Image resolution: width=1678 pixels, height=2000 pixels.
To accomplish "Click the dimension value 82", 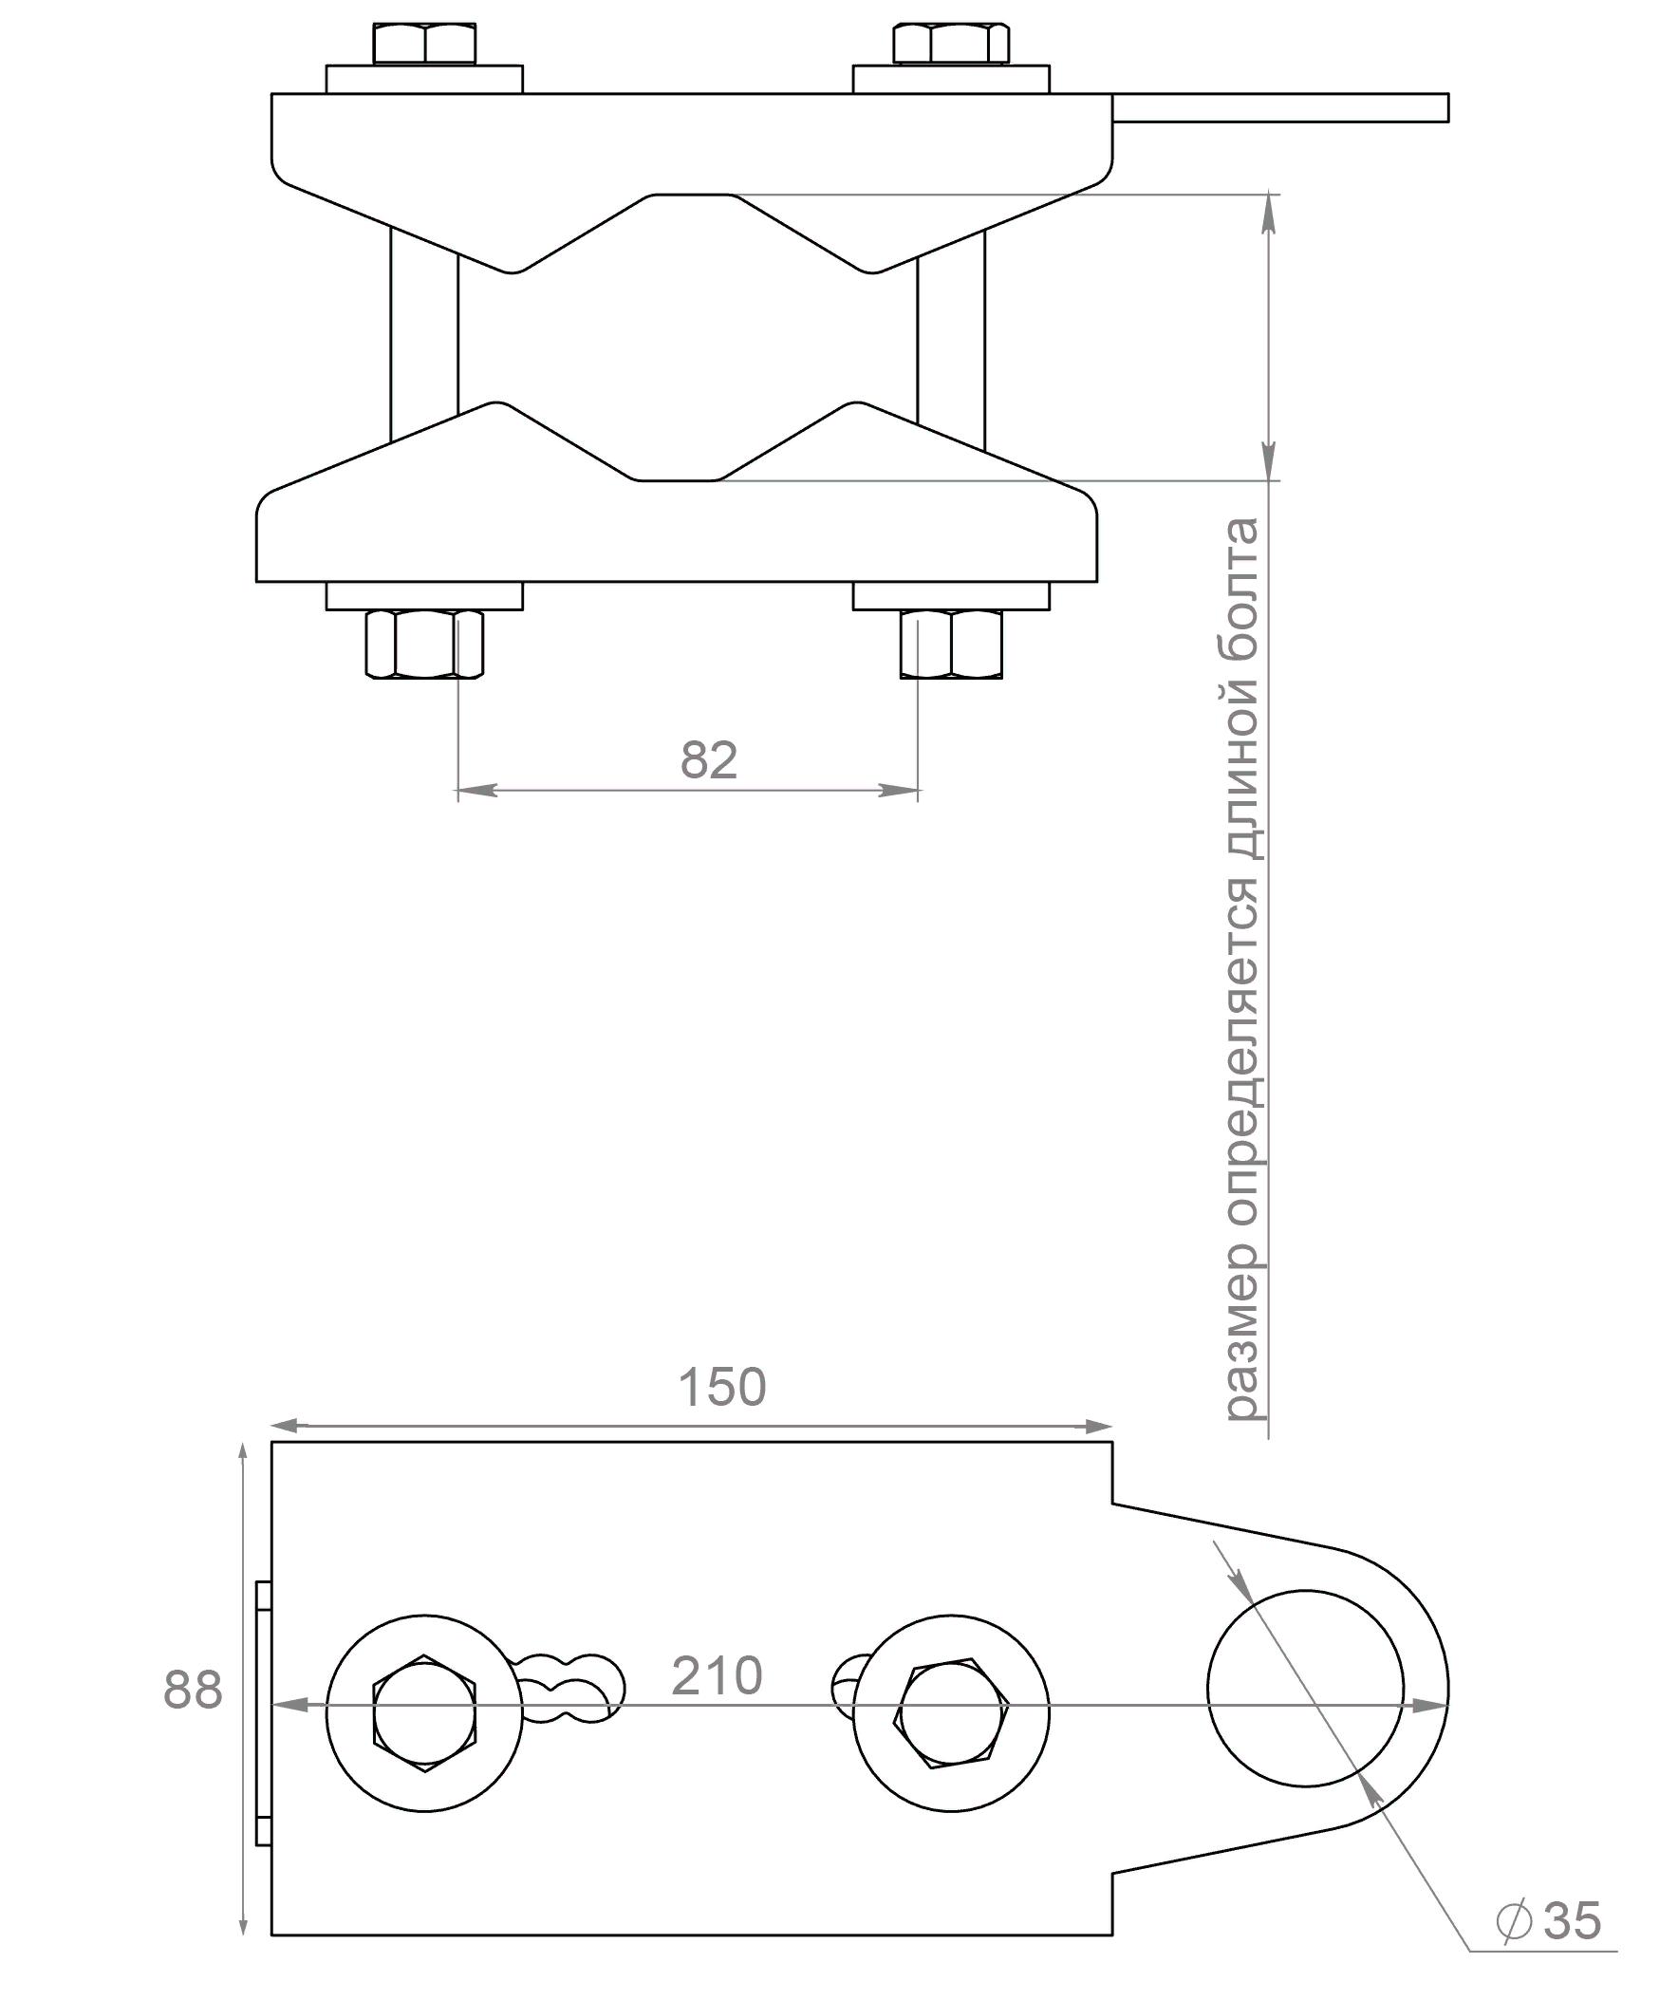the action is (x=709, y=760).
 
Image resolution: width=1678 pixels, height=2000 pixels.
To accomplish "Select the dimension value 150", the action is (x=722, y=1387).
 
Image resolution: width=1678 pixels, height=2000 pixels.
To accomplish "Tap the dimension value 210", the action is (x=718, y=1676).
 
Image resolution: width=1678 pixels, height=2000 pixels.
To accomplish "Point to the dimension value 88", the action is (x=193, y=1690).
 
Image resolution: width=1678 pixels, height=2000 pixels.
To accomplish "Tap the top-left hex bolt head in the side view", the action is (x=425, y=45).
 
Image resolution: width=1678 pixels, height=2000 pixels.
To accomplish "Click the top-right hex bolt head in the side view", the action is (x=951, y=45).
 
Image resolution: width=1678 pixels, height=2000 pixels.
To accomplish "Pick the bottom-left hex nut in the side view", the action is (x=425, y=645).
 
